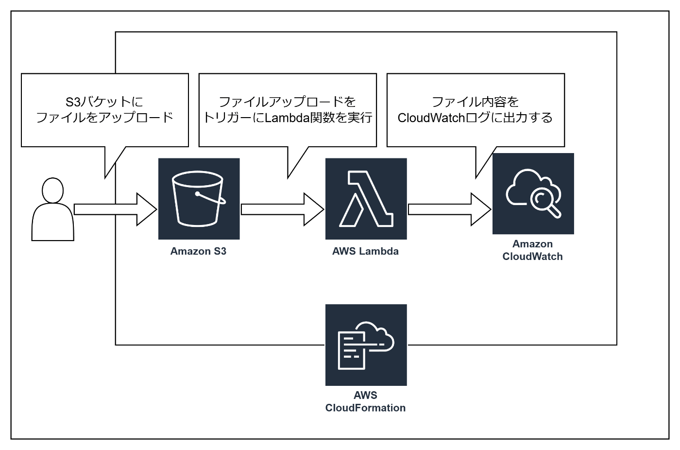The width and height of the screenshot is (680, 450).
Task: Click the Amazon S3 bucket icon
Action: [199, 199]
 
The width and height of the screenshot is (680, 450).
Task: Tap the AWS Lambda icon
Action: [366, 199]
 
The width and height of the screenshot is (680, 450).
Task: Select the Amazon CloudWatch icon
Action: [533, 193]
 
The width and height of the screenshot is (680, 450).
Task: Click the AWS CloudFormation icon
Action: [366, 345]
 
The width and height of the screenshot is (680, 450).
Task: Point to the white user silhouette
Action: [53, 214]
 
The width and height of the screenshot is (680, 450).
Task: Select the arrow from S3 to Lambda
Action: [282, 209]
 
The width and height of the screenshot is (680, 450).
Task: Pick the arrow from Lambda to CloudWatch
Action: [449, 209]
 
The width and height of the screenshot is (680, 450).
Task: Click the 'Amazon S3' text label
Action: [198, 251]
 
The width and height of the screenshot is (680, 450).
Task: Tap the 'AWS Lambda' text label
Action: [365, 251]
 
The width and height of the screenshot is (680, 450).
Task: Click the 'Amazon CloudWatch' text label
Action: [532, 250]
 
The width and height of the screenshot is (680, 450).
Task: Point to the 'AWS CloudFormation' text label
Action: [365, 402]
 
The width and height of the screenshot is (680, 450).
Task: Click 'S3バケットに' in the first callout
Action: [104, 102]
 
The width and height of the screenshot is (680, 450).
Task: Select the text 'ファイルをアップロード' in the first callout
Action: [105, 118]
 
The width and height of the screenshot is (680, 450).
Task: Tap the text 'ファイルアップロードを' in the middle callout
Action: [288, 102]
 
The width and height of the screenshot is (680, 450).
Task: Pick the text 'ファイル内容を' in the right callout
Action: [475, 102]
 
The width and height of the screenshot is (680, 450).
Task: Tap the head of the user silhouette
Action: [53, 190]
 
